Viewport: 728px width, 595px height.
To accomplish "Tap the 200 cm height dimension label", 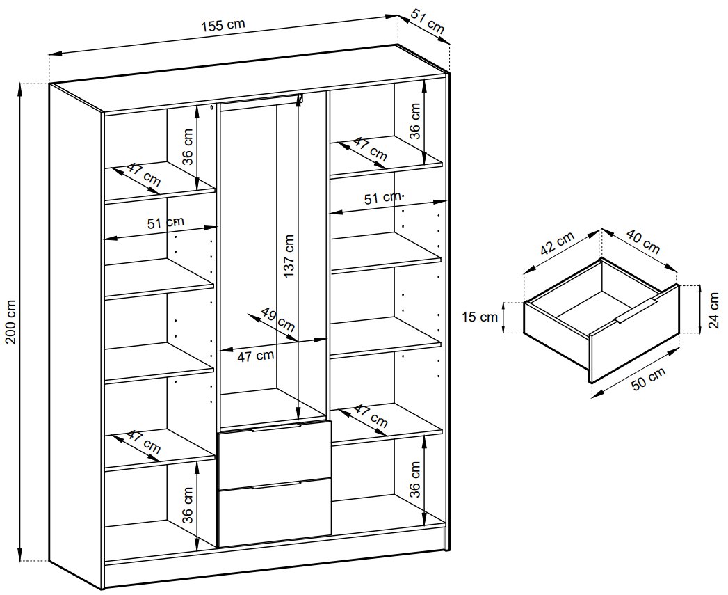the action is click(x=11, y=322).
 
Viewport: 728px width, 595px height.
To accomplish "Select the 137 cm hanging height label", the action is click(x=289, y=256).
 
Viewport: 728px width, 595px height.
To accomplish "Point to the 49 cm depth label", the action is click(x=277, y=319).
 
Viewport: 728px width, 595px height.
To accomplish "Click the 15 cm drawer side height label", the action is click(x=480, y=317).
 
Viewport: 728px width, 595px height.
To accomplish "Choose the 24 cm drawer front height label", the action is click(x=713, y=310).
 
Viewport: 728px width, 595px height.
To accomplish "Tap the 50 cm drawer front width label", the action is click(x=648, y=379).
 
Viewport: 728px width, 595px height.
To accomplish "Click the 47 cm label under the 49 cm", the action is click(x=255, y=356).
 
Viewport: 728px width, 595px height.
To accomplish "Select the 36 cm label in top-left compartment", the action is click(x=187, y=147).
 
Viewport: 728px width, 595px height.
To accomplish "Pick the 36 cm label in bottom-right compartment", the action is click(x=415, y=479).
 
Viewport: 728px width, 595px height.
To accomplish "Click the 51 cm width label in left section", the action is click(x=165, y=223).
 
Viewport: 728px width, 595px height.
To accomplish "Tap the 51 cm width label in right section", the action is click(x=382, y=198).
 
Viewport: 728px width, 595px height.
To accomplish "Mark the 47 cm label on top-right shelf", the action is click(x=371, y=149).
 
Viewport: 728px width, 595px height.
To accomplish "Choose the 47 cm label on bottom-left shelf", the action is click(x=144, y=442).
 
